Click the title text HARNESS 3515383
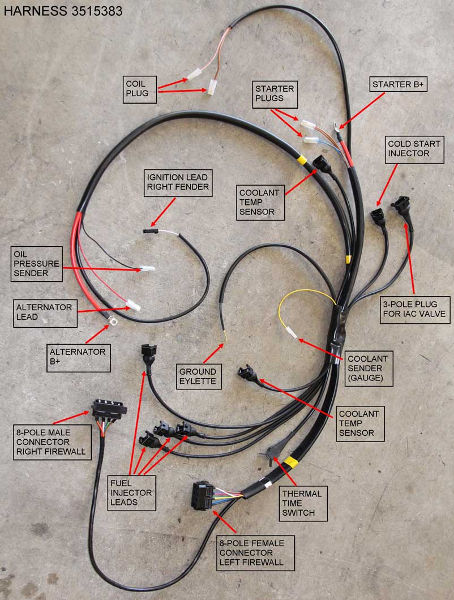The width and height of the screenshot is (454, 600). pyautogui.click(x=63, y=11)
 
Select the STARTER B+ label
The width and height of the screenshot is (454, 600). pyautogui.click(x=399, y=85)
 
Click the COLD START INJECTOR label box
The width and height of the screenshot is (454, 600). pyautogui.click(x=408, y=148)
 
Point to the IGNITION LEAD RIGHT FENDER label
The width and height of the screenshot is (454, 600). pyautogui.click(x=178, y=182)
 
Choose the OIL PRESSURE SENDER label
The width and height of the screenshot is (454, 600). pyautogui.click(x=36, y=262)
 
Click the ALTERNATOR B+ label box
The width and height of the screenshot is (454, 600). pyautogui.click(x=79, y=357)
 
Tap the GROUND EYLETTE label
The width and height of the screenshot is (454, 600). pyautogui.click(x=198, y=377)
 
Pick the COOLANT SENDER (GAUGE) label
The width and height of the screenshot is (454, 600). pyautogui.click(x=368, y=368)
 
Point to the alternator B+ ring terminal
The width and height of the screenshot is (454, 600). pyautogui.click(x=106, y=325)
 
